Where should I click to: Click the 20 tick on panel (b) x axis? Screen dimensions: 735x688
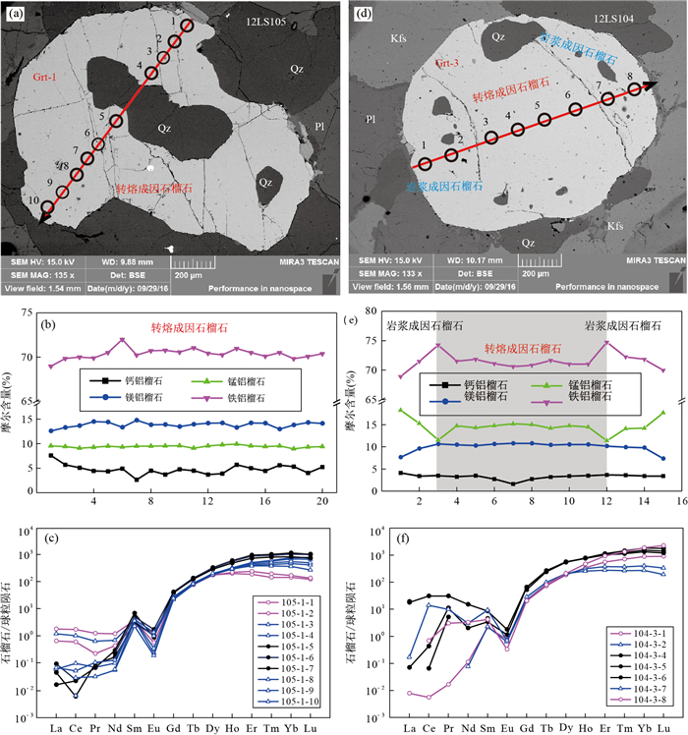(x=321, y=502)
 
